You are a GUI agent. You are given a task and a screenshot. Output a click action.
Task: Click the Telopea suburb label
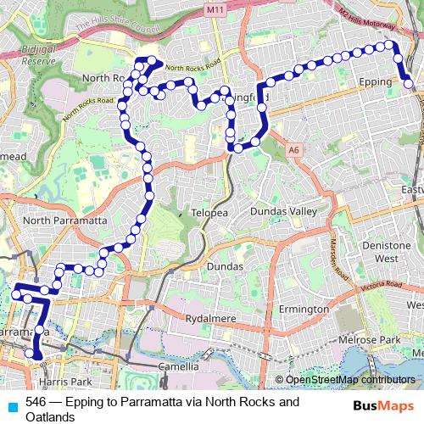(x=209, y=212)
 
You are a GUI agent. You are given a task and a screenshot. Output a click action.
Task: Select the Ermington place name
(x=303, y=310)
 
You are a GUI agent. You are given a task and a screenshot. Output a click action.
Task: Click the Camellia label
(x=178, y=366)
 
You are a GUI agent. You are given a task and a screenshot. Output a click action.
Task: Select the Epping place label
(x=374, y=82)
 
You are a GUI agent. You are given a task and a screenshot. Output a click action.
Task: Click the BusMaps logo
(x=383, y=405)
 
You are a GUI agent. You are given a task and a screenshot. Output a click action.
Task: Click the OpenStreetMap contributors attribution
(x=349, y=380)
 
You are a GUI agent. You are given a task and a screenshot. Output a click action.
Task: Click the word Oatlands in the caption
(x=51, y=416)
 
